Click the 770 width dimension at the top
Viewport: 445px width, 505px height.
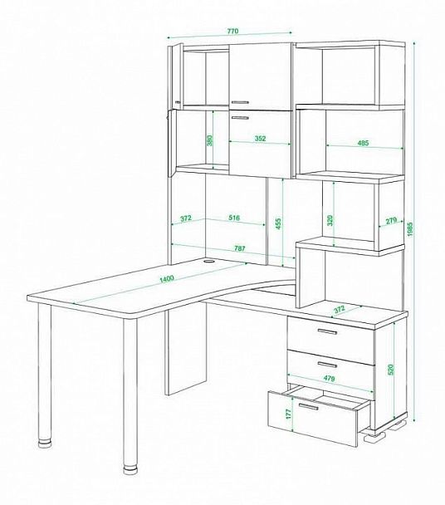point(232,32)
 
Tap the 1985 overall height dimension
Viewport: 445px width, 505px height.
point(409,229)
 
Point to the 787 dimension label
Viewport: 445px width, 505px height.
point(240,248)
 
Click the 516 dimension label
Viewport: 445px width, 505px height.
point(234,218)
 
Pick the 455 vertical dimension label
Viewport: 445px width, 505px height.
point(278,223)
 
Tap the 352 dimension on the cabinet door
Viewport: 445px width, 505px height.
point(260,139)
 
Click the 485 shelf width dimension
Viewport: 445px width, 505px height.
point(363,143)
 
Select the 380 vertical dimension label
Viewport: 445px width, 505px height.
point(209,140)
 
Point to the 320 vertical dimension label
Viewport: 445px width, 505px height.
point(330,220)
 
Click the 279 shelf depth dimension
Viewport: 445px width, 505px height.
point(390,221)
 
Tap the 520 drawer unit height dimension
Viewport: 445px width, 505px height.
point(391,370)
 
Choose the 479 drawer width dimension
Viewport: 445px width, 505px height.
point(329,378)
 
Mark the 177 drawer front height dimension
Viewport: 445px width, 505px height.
point(288,413)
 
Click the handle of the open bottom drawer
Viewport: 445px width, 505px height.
point(308,406)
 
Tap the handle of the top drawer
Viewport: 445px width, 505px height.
point(327,331)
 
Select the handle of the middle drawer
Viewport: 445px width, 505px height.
point(327,365)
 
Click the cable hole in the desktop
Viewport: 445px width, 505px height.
point(209,261)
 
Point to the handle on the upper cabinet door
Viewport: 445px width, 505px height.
point(240,102)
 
